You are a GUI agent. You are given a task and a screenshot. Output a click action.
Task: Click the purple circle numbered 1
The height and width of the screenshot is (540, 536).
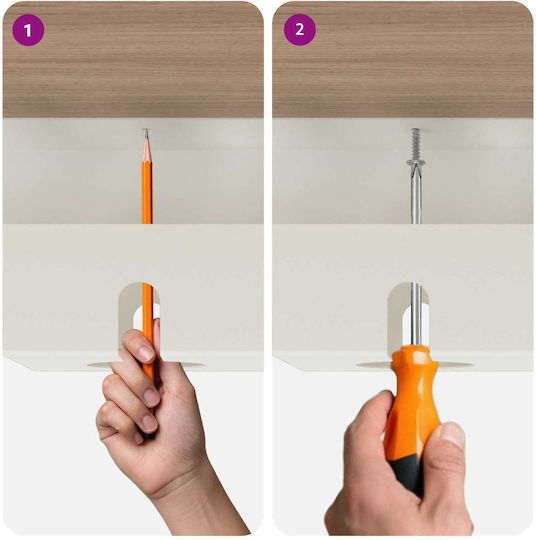(28, 30)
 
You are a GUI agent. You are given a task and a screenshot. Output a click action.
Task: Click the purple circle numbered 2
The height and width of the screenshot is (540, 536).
(300, 30)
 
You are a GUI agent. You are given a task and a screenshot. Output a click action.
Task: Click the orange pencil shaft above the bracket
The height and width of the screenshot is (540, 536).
(147, 192)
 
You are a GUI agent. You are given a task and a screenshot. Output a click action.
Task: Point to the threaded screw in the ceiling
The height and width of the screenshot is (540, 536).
(416, 144)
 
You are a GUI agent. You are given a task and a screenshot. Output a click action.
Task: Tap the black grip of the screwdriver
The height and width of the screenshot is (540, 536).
(408, 474)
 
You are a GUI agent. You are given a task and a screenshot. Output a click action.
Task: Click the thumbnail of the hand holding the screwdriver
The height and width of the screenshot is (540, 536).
(452, 435)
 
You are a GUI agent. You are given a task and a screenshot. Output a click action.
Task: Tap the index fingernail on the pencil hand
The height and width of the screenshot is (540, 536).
(147, 354)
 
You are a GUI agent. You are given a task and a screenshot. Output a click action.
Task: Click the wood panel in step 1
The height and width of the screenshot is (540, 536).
(133, 60)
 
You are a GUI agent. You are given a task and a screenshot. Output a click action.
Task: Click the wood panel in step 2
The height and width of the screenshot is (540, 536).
(403, 60)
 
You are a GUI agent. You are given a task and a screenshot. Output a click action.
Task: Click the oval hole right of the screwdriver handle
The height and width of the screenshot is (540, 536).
(455, 364)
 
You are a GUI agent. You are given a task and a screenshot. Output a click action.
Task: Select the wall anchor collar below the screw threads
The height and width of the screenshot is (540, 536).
(416, 162)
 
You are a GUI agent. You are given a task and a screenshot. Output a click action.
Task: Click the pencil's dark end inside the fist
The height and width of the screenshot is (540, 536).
(149, 435)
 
